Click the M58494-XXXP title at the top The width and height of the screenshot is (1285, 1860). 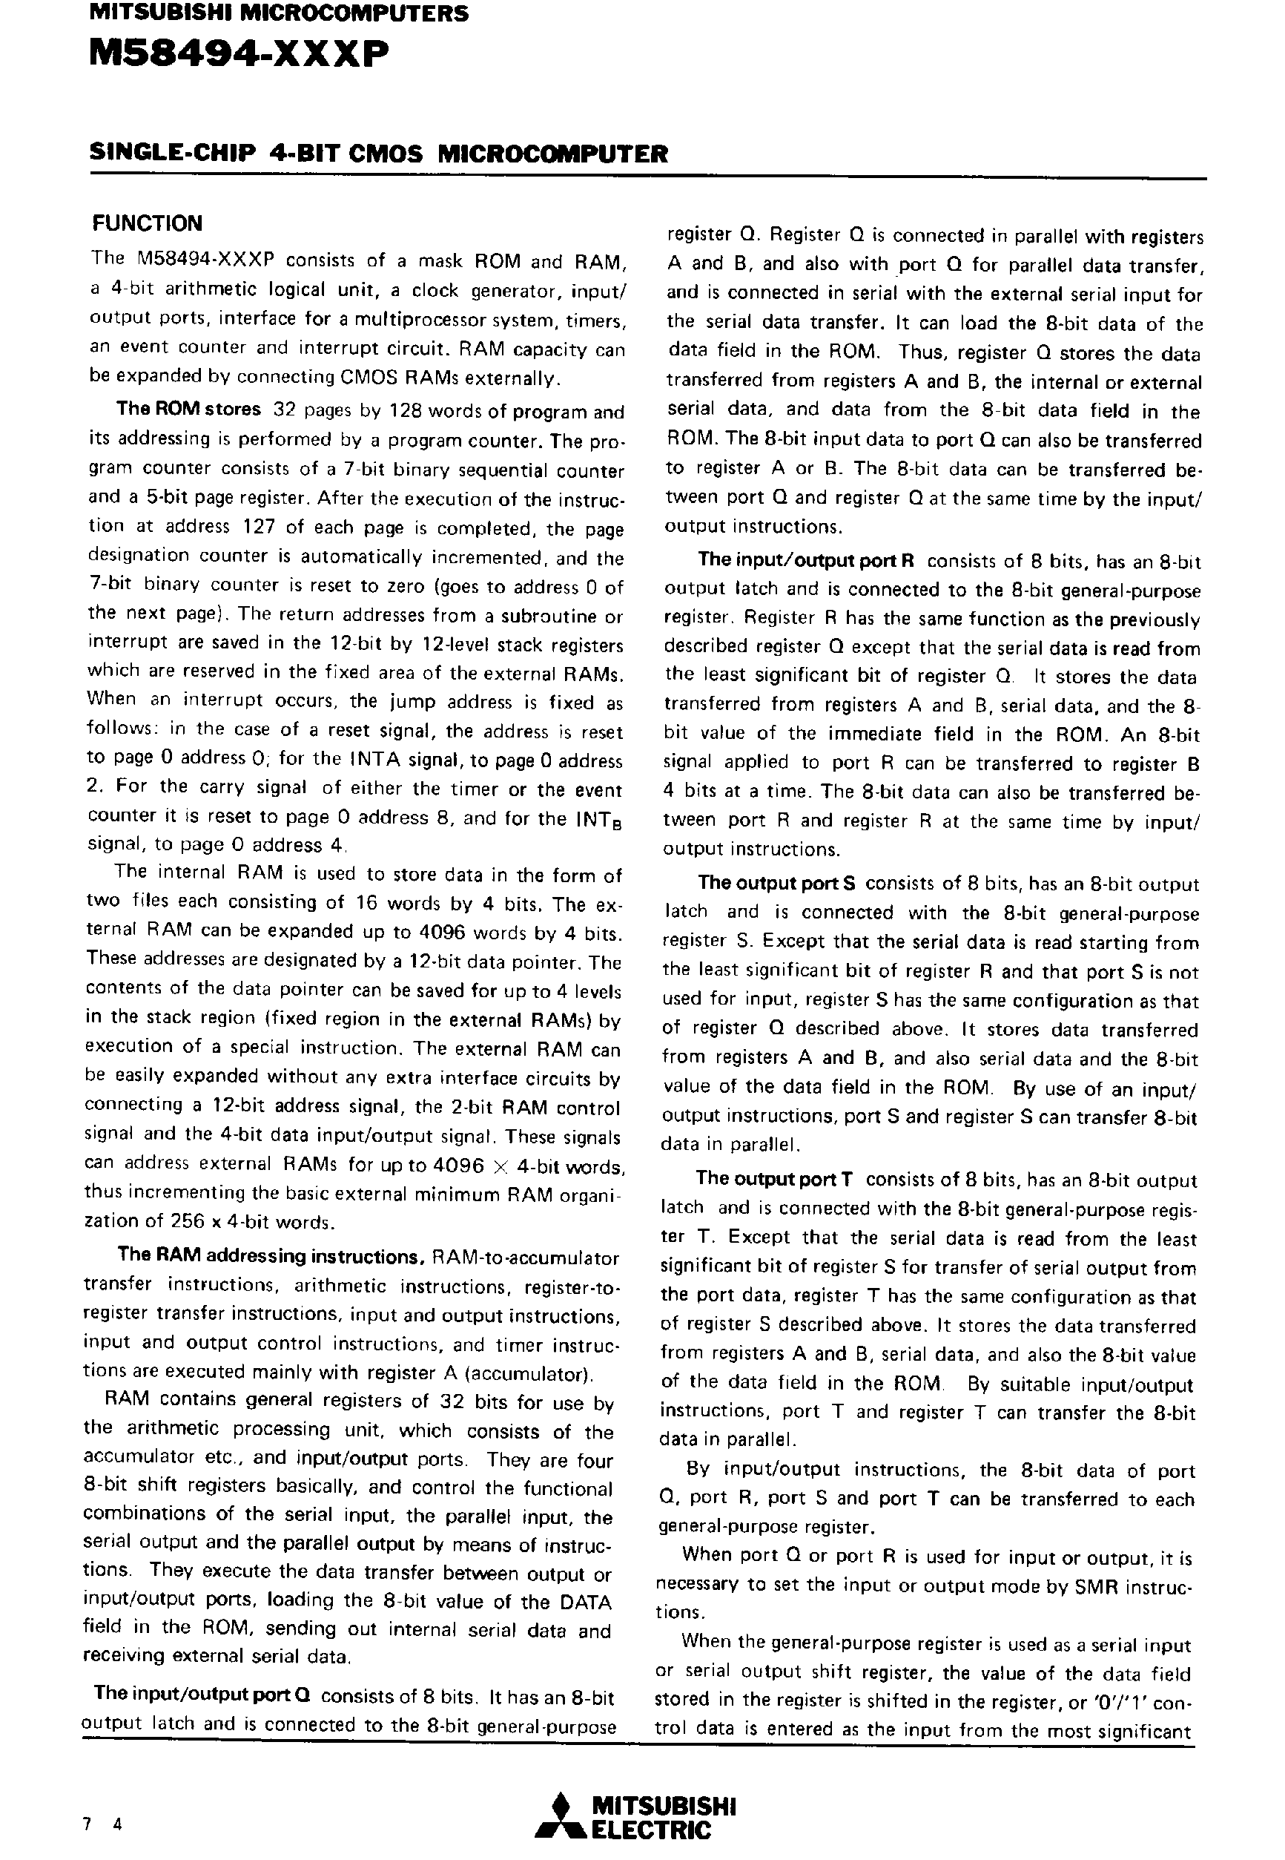click(238, 56)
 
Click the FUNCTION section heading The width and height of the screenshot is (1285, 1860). click(147, 223)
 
